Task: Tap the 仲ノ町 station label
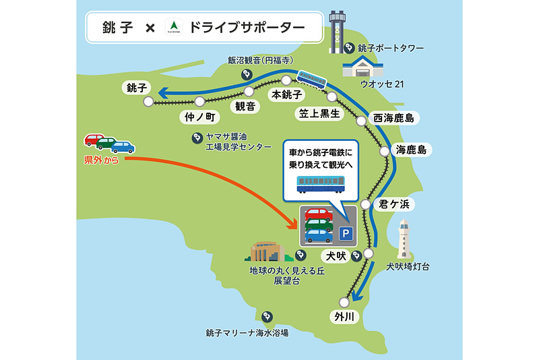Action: point(199,117)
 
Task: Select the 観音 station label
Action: point(244,107)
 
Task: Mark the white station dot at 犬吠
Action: point(368,253)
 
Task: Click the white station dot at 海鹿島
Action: point(384,152)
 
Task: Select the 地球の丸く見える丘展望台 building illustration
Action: point(267,251)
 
